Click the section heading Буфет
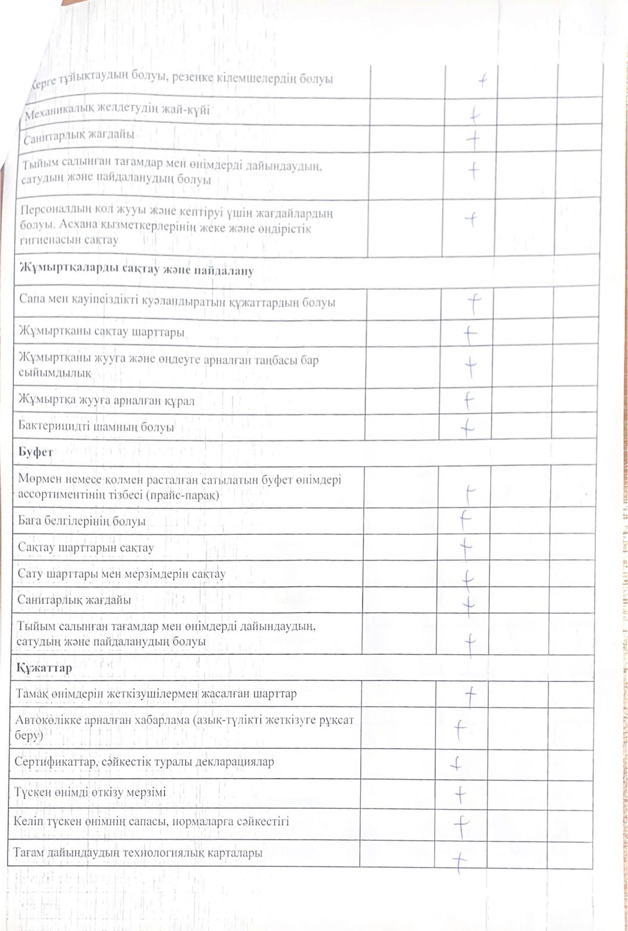(36, 452)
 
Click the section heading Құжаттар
(44, 667)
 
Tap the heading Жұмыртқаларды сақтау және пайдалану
(136, 269)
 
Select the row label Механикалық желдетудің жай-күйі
(117, 111)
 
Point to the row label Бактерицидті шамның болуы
(96, 427)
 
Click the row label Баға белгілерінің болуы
(81, 521)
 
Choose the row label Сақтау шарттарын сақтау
(86, 548)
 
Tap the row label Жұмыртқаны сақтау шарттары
(101, 332)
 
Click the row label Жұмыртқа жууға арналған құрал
(106, 400)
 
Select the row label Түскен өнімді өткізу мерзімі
(90, 792)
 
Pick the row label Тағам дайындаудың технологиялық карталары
(137, 852)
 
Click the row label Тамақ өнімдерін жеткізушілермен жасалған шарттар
(156, 694)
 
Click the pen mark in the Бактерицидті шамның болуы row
(467, 428)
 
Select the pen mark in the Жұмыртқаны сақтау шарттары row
(470, 333)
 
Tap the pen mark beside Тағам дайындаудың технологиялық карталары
(460, 861)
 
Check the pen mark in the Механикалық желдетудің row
(474, 114)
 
